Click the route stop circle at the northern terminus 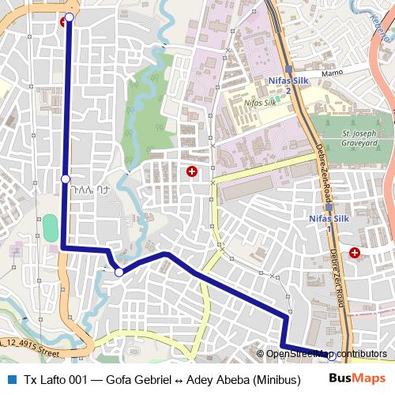(69, 17)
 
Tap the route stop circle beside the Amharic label (66, 179)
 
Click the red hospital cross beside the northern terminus (62, 21)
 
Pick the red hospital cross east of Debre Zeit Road (355, 253)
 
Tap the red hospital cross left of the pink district (190, 171)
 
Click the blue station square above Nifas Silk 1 (329, 209)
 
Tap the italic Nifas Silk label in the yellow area (260, 103)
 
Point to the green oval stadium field (50, 228)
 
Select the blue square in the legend (10, 379)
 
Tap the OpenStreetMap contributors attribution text (326, 354)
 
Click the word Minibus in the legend (276, 379)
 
